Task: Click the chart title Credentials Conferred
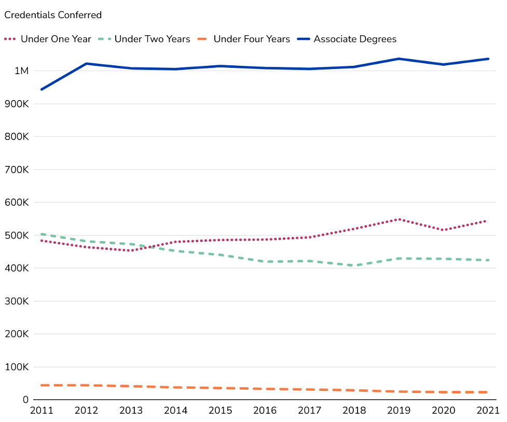tap(53, 15)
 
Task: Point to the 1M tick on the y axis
tap(21, 71)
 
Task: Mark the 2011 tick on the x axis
tap(42, 411)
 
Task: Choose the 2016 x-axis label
tap(265, 411)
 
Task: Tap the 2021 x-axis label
tap(488, 411)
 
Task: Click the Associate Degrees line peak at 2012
tap(86, 64)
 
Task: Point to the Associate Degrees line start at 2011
tap(42, 89)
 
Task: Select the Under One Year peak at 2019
tap(399, 219)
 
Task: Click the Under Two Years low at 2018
tap(354, 265)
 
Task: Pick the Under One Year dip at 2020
tap(443, 230)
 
